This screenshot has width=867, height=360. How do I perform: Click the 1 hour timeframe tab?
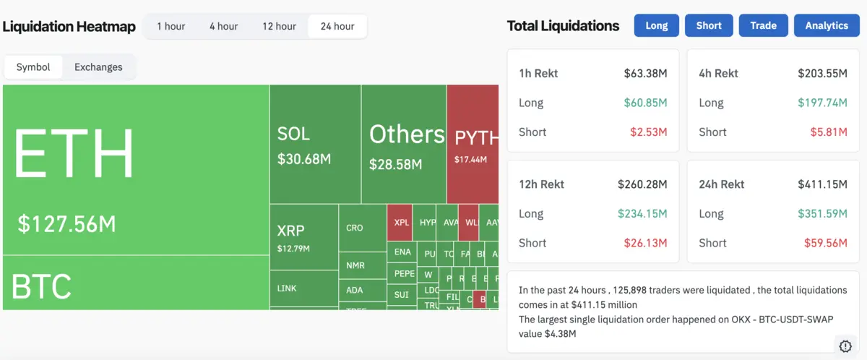pyautogui.click(x=171, y=26)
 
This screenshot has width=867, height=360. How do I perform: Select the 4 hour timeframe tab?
pyautogui.click(x=223, y=26)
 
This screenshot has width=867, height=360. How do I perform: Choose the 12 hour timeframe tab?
pyautogui.click(x=279, y=26)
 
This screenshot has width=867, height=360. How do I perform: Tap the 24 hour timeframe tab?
pyautogui.click(x=337, y=26)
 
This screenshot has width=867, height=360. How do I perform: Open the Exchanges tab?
pyautogui.click(x=98, y=67)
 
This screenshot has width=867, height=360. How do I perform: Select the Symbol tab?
pyautogui.click(x=33, y=67)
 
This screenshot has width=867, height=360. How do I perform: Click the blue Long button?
pyautogui.click(x=656, y=25)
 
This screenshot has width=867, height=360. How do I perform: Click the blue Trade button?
pyautogui.click(x=763, y=25)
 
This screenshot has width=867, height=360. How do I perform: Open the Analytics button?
pyautogui.click(x=827, y=25)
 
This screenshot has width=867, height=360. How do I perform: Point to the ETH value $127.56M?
pyautogui.click(x=66, y=224)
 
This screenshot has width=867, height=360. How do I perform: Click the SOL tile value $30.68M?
pyautogui.click(x=303, y=159)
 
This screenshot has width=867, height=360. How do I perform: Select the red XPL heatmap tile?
pyautogui.click(x=401, y=223)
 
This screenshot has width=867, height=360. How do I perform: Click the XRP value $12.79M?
pyautogui.click(x=293, y=249)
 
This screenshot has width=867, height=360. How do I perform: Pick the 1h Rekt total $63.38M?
pyautogui.click(x=645, y=73)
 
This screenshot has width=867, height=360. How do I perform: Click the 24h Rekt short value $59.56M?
pyautogui.click(x=826, y=243)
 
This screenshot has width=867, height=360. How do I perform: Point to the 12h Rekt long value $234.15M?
pyautogui.click(x=642, y=213)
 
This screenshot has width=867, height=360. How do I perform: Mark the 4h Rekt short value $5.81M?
pyautogui.click(x=829, y=132)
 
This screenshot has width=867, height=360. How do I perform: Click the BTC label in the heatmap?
pyautogui.click(x=42, y=287)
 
